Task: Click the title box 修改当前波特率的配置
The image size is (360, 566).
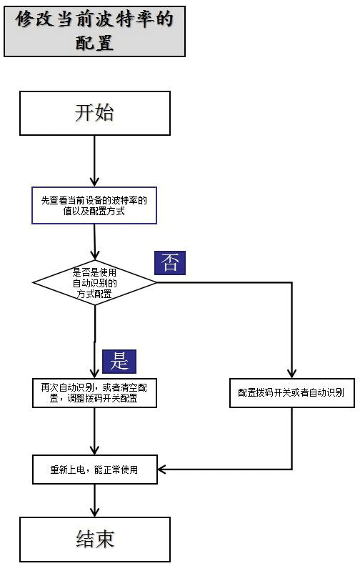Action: [94, 31]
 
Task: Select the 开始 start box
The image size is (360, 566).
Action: [95, 114]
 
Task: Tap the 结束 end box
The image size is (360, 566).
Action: [95, 540]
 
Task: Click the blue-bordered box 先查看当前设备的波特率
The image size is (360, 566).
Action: [94, 205]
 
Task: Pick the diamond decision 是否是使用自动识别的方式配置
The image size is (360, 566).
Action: [95, 282]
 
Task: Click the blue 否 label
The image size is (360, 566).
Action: [170, 263]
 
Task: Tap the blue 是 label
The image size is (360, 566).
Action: [119, 362]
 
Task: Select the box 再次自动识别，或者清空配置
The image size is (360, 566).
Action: [94, 393]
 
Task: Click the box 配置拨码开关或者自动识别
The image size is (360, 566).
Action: [292, 393]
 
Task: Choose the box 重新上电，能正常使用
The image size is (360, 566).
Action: [95, 470]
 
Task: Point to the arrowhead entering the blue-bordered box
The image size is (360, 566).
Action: [94, 182]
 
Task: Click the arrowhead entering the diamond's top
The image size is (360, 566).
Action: [95, 255]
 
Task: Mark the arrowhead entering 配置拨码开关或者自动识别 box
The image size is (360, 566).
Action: [292, 373]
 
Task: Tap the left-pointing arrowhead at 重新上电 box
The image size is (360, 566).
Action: [162, 470]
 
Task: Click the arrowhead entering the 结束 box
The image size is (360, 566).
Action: [95, 512]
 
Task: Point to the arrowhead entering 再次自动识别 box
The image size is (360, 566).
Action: [94, 373]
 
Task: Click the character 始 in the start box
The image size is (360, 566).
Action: [104, 113]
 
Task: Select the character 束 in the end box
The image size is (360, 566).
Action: [105, 539]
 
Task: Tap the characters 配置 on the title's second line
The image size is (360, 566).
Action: [94, 43]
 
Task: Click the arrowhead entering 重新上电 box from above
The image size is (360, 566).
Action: [94, 450]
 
